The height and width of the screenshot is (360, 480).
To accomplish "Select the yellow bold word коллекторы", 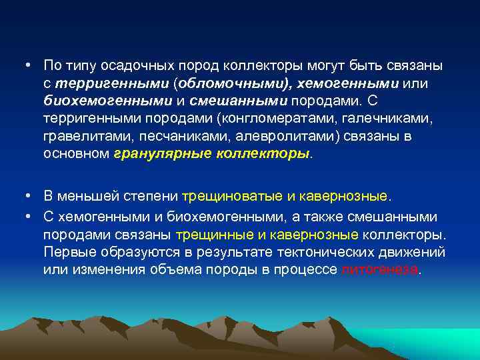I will pos(263,153).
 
